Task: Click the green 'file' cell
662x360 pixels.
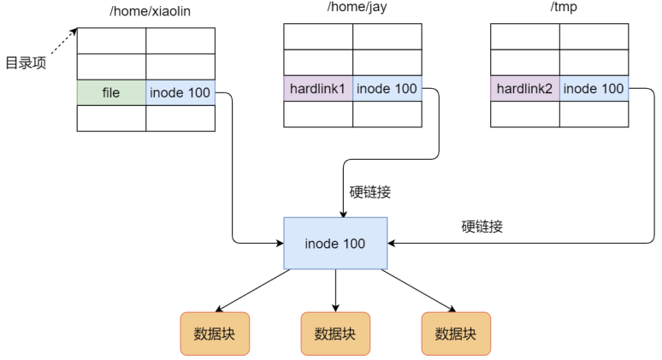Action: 111,92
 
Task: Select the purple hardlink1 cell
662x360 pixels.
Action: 318,89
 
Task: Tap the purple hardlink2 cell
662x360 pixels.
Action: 525,89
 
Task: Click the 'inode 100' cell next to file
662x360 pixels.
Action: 180,92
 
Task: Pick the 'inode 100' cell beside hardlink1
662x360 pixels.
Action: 387,89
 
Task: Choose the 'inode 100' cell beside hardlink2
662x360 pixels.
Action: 594,89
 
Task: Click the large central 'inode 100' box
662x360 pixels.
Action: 335,243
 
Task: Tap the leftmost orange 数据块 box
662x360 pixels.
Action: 215,333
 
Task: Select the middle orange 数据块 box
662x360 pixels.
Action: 335,333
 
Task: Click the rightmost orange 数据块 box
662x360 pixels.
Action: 456,333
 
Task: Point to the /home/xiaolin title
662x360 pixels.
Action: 150,11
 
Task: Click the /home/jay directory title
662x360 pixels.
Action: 357,7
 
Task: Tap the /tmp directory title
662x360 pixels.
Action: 564,7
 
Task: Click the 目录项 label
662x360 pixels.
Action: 26,63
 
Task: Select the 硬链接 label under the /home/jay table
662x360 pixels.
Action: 370,192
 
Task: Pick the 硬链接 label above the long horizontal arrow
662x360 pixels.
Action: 482,227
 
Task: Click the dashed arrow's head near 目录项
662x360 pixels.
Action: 74,32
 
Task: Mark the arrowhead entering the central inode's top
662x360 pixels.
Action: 343,214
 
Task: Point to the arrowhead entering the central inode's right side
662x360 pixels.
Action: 391,243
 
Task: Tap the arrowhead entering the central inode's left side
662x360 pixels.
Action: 280,243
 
